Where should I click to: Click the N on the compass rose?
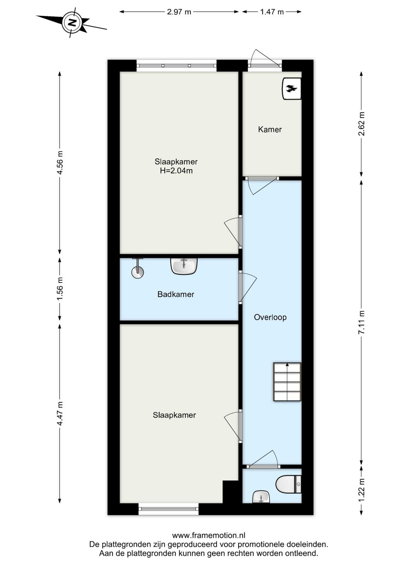pos(73,23)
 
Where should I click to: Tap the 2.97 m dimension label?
pos(179,12)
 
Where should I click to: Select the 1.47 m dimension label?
pos(272,12)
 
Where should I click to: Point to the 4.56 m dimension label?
pos(60,163)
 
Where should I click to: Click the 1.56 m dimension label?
pos(60,289)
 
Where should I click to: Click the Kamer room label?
pos(270,129)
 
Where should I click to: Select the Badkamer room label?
pos(176,294)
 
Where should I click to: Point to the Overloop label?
pos(270,317)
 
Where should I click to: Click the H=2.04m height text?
pos(176,171)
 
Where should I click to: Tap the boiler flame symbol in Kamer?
pos(292,89)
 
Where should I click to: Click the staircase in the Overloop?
pos(287,382)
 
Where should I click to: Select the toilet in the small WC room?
pos(288,484)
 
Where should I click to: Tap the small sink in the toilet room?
pos(261,497)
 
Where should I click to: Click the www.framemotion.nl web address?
pos(209,535)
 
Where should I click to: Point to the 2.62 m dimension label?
pos(361,124)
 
